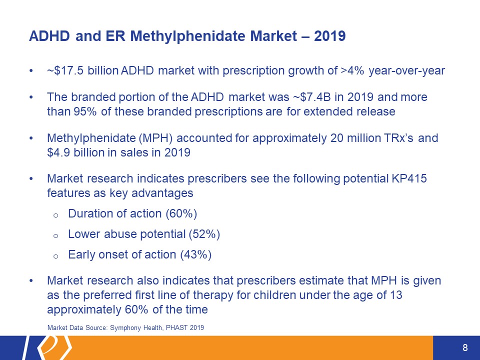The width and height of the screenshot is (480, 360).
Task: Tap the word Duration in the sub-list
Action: coord(89,214)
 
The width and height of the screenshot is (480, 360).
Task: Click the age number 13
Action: coord(395,295)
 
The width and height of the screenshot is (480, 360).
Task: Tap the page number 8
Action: coord(465,348)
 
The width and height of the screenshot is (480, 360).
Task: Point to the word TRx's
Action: coord(398,137)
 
